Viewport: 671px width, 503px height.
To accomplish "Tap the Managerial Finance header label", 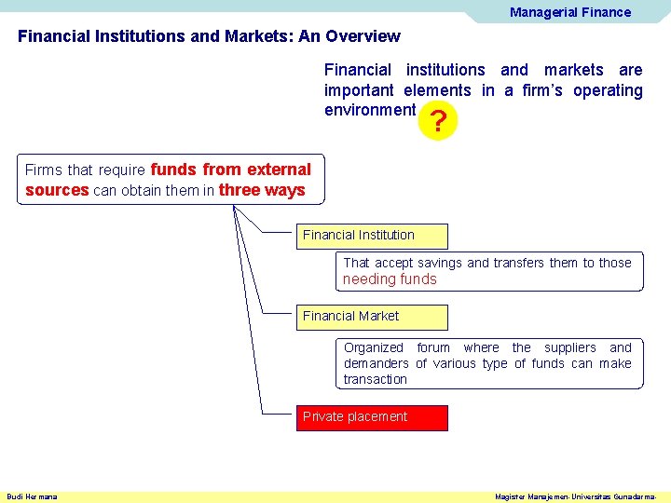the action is pyautogui.click(x=569, y=12).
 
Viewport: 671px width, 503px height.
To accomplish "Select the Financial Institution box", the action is pyautogui.click(x=373, y=236).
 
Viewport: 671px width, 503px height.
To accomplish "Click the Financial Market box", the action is pyautogui.click(x=373, y=317).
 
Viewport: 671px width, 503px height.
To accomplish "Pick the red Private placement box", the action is pyautogui.click(x=373, y=417).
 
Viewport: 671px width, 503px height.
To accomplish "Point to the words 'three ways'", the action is pyautogui.click(x=262, y=190).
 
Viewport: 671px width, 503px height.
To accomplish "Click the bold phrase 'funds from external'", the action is pyautogui.click(x=231, y=170).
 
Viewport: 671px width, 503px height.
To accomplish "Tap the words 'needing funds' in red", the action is pyautogui.click(x=390, y=279).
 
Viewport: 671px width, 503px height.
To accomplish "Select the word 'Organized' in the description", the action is pyautogui.click(x=374, y=347).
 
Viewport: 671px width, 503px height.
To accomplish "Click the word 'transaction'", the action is pyautogui.click(x=375, y=379).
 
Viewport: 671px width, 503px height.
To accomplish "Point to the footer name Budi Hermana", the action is pyautogui.click(x=32, y=496).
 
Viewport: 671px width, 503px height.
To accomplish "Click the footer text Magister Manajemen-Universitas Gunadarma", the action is pyautogui.click(x=575, y=496).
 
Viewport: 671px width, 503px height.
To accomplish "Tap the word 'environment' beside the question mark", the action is pyautogui.click(x=370, y=110).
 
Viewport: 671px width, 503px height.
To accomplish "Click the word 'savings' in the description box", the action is pyautogui.click(x=442, y=263).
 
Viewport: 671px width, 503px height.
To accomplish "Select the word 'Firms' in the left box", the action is pyautogui.click(x=44, y=170).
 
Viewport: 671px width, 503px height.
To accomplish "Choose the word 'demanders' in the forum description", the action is pyautogui.click(x=376, y=363).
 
